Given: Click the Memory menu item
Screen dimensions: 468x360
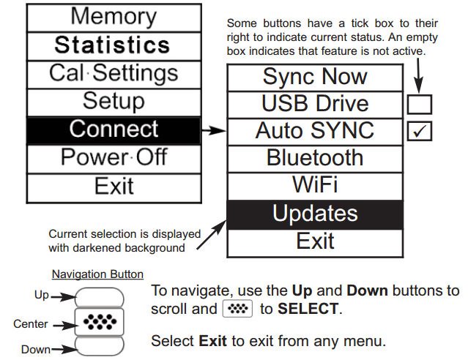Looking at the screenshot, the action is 114,18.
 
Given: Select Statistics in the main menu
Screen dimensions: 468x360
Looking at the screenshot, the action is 114,46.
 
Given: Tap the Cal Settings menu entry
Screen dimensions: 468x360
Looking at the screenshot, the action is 114,74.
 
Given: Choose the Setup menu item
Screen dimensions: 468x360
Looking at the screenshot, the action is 114,102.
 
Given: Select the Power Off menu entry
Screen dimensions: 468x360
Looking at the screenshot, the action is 114,159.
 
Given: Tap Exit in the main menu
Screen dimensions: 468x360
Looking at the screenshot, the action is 114,187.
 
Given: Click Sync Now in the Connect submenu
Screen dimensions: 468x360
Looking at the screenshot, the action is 315,78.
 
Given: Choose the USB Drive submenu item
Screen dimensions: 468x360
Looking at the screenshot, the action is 315,105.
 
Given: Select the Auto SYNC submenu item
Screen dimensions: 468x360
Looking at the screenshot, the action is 315,132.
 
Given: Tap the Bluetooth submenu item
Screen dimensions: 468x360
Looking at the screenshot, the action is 315,159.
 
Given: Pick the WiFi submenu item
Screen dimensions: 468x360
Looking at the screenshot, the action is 315,186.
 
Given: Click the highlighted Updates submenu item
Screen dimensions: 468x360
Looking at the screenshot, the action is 315,214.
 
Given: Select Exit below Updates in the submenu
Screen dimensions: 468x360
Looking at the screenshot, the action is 315,243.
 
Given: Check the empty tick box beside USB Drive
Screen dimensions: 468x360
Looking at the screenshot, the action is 420,105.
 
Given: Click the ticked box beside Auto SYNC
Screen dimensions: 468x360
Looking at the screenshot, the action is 420,131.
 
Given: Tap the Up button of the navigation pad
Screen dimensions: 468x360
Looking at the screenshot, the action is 100,297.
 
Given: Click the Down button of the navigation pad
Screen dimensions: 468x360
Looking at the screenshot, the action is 100,346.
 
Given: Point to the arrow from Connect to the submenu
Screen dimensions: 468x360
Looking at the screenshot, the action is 214,130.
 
